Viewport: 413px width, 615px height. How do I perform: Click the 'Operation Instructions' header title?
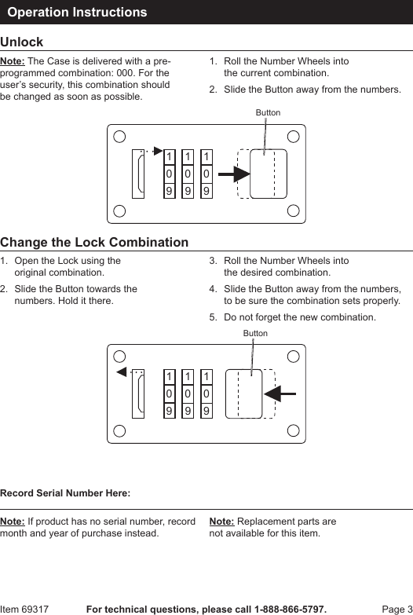point(77,12)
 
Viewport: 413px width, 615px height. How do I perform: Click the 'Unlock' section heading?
point(21,42)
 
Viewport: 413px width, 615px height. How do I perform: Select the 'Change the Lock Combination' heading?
point(94,243)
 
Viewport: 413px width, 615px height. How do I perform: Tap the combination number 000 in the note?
point(123,73)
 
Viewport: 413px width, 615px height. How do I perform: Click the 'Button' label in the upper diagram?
point(268,112)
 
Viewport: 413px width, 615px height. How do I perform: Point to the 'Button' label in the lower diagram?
point(255,333)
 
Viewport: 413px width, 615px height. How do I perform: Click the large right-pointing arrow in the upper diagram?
point(234,174)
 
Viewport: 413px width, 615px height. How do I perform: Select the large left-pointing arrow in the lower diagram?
point(280,394)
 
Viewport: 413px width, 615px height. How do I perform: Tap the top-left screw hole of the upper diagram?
point(119,137)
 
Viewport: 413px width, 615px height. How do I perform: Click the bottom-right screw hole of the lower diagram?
point(294,430)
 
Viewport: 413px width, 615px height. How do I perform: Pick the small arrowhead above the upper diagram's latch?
point(158,151)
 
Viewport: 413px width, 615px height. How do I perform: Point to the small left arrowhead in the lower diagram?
point(122,372)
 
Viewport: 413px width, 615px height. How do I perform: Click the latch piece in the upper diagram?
point(138,174)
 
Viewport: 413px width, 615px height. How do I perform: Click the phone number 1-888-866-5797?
point(290,610)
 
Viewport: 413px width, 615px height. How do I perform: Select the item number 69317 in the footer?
point(35,610)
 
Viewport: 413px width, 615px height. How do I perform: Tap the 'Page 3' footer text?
point(397,610)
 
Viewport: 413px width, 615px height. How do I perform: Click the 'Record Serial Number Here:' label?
point(65,493)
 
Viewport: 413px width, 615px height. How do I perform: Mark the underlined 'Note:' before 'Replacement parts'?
point(221,522)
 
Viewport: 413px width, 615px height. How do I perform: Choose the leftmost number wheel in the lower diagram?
point(169,394)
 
